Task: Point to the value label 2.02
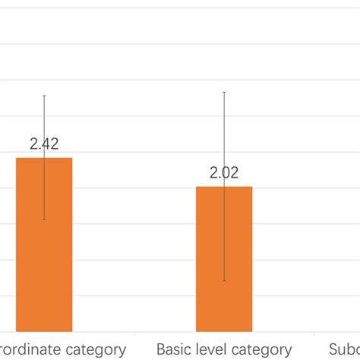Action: (x=224, y=173)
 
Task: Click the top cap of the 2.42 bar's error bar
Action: (x=44, y=96)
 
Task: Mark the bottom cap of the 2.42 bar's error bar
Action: (x=44, y=220)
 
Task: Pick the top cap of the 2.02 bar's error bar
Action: (x=224, y=92)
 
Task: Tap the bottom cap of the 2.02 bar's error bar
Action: (x=224, y=282)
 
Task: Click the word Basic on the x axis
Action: (x=174, y=349)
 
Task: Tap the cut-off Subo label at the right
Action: (x=344, y=349)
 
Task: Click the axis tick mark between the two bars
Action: (x=134, y=334)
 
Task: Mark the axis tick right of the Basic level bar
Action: (x=314, y=334)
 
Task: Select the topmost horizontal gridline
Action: (x=180, y=8)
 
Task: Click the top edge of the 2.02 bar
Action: (x=224, y=187)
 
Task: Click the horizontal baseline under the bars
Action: (x=180, y=332)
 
